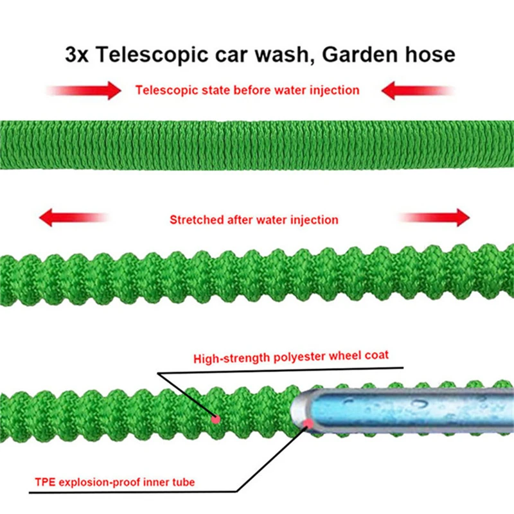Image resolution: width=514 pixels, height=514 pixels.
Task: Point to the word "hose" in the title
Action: (430, 54)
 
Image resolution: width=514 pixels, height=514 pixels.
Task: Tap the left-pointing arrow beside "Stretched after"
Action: (71, 219)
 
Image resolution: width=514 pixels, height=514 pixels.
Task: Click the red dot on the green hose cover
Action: (217, 419)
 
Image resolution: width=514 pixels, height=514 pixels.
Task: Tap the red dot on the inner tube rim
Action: (308, 423)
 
